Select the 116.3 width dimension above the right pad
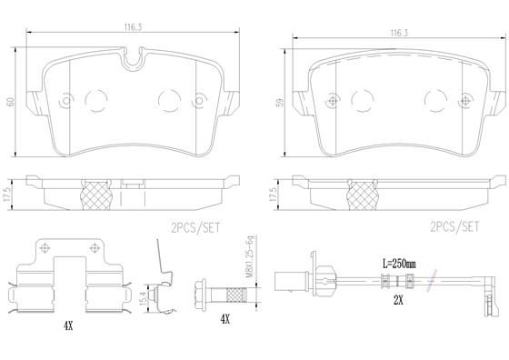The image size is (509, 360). [x=396, y=33]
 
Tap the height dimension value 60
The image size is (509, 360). [x=10, y=102]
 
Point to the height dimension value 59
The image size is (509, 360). [x=275, y=103]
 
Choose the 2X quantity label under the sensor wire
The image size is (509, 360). [x=396, y=298]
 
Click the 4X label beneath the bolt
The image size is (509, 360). [x=224, y=319]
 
